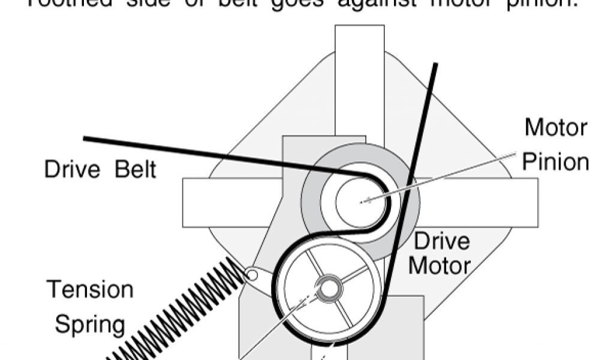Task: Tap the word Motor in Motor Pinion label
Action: click(x=556, y=127)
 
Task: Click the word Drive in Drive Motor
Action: click(x=442, y=242)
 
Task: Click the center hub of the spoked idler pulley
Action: click(x=328, y=288)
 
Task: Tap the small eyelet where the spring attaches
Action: click(x=252, y=275)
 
